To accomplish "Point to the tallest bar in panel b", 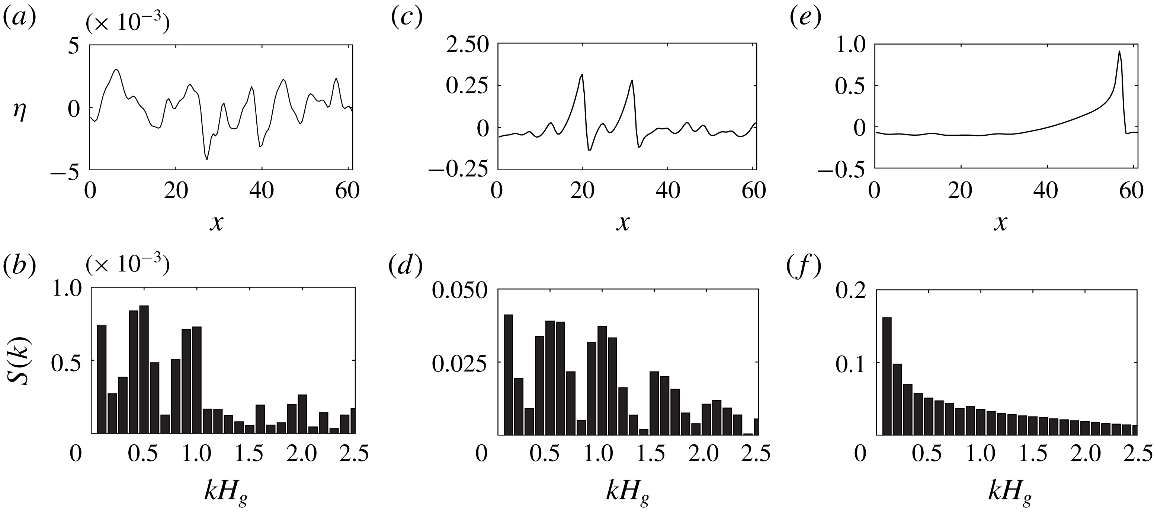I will point(144,369).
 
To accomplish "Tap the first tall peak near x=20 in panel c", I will point(582,75).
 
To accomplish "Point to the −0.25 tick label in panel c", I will point(458,170).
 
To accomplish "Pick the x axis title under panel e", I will point(1001,222).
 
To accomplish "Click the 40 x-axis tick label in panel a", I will point(262,191).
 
